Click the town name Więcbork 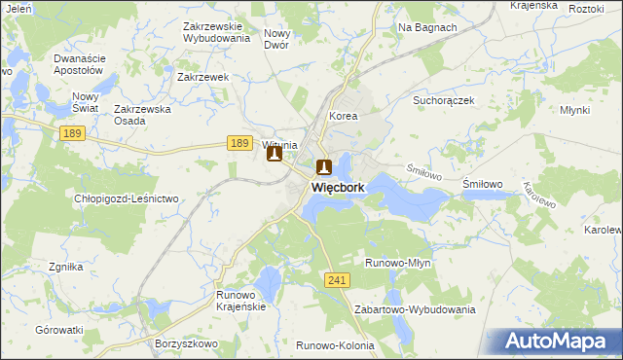338,186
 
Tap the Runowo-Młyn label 397,263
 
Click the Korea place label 344,116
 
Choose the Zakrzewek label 202,76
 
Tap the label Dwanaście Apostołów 79,64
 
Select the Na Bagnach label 427,27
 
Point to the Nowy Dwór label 277,39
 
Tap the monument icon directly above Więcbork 323,166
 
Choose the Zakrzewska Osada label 143,115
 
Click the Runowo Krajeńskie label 240,300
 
